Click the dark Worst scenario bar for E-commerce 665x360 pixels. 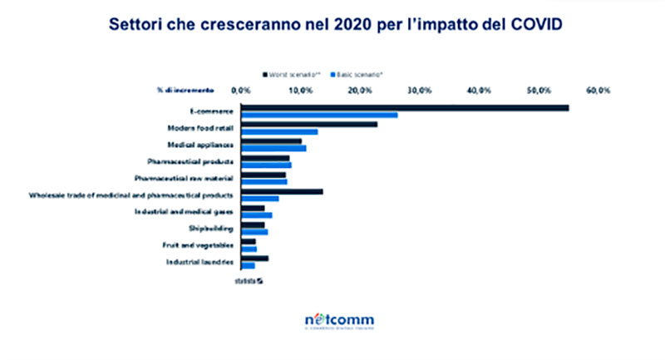pyautogui.click(x=405, y=107)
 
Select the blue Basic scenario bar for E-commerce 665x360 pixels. pyautogui.click(x=319, y=115)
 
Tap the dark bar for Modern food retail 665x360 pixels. pyautogui.click(x=309, y=125)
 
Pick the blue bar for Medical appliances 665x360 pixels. pyautogui.click(x=273, y=149)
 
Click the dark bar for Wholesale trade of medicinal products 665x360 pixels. pyautogui.click(x=282, y=192)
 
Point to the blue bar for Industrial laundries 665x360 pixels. pyautogui.click(x=248, y=266)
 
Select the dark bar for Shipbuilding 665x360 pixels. pyautogui.click(x=253, y=224)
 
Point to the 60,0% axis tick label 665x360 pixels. pyautogui.click(x=598, y=89)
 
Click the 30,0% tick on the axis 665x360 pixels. pyautogui.click(x=419, y=89)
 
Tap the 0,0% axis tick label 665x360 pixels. pyautogui.click(x=240, y=89)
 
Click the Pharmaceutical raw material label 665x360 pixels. pyautogui.click(x=184, y=178)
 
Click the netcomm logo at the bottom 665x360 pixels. pyautogui.click(x=338, y=321)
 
